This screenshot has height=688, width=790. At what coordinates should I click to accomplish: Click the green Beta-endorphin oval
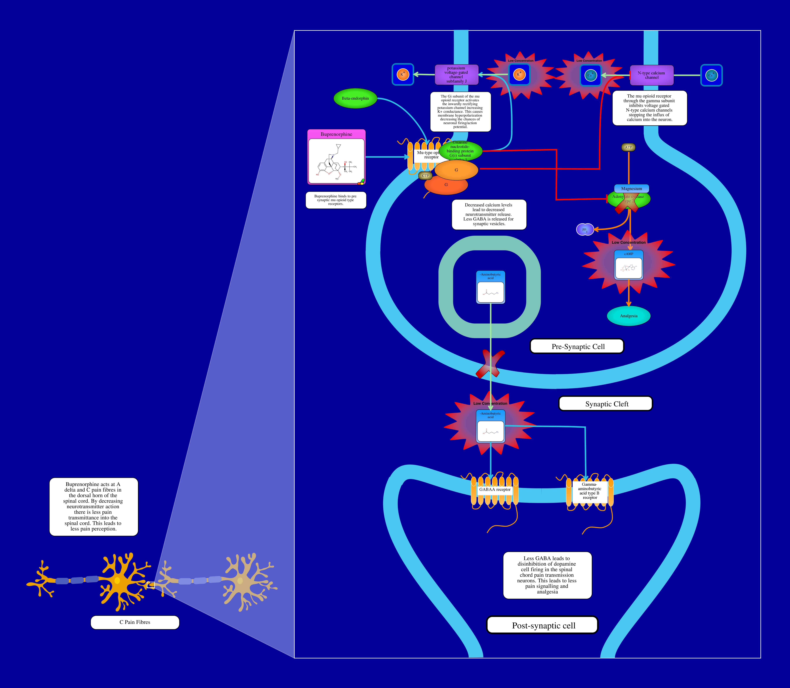coord(355,98)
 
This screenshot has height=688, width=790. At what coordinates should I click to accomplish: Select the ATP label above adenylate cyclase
coord(628,147)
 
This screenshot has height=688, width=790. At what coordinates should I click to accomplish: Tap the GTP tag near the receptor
coord(425,176)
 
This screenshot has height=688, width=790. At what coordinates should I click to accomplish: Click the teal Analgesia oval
coord(628,316)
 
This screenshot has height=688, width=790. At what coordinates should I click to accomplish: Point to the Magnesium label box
coord(631,189)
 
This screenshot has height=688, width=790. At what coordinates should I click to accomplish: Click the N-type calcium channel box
coord(651,75)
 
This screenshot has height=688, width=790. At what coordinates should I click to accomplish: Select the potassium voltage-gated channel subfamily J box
coord(456,75)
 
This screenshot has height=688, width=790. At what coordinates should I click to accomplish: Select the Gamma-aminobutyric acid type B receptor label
coord(590,491)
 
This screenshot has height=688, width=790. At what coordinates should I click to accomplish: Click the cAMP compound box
coord(628,265)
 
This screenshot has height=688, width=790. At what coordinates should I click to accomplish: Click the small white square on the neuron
coord(151,585)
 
